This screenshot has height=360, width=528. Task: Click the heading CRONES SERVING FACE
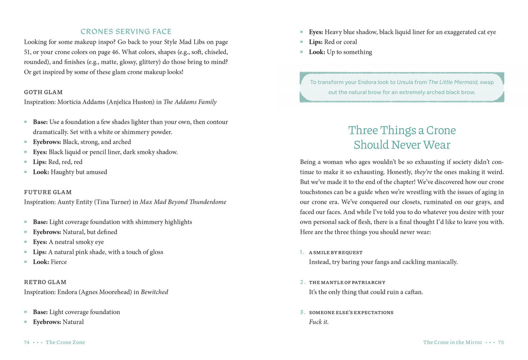pyautogui.click(x=126, y=31)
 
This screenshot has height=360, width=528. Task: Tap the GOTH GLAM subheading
pyautogui.click(x=43, y=92)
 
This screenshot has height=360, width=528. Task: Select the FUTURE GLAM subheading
pyautogui.click(x=48, y=192)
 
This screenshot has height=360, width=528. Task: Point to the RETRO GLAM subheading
pyautogui.click(x=45, y=282)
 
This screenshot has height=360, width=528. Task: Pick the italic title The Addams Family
pyautogui.click(x=190, y=102)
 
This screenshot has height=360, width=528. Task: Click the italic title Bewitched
pyautogui.click(x=155, y=292)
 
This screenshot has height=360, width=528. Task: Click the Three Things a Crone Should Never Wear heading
pyautogui.click(x=402, y=137)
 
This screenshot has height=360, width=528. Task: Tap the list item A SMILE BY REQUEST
pyautogui.click(x=336, y=253)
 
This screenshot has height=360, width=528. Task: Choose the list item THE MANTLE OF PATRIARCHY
pyautogui.click(x=347, y=283)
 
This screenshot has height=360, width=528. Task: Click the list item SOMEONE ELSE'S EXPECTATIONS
pyautogui.click(x=351, y=313)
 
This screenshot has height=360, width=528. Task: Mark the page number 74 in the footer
pyautogui.click(x=27, y=342)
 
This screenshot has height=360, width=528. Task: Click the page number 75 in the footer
pyautogui.click(x=501, y=342)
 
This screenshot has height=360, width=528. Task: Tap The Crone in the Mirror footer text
pyautogui.click(x=452, y=342)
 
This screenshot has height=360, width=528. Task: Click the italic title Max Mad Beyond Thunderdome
pyautogui.click(x=183, y=202)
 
